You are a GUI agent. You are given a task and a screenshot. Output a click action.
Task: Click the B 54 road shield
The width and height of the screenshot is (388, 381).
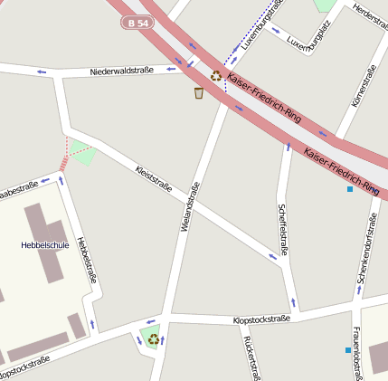click(138, 23)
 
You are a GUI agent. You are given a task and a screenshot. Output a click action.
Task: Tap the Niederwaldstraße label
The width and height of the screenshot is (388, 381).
click(122, 71)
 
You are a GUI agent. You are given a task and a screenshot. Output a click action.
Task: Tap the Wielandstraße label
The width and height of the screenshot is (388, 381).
click(189, 207)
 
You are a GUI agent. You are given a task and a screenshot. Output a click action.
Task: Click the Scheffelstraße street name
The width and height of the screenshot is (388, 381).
click(282, 229)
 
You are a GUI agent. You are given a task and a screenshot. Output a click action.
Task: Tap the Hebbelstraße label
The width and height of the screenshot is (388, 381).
click(85, 259)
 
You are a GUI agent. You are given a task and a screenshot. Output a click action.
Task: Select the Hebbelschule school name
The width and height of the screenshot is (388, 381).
click(45, 245)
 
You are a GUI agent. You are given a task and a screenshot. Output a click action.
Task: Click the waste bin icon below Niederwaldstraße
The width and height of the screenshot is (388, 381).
click(199, 92)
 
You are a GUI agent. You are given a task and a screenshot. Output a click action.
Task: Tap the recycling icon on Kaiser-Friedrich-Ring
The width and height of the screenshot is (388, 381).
click(216, 76)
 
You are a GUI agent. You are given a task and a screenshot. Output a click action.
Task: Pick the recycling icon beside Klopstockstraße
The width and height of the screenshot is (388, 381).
click(154, 339)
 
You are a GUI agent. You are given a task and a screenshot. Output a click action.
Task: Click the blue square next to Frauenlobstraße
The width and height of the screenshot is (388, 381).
click(347, 350)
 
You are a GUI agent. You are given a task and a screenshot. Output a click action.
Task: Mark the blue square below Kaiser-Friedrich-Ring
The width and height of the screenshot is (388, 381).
click(350, 189)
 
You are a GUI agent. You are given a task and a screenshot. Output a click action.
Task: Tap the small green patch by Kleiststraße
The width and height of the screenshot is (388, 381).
click(83, 153)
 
